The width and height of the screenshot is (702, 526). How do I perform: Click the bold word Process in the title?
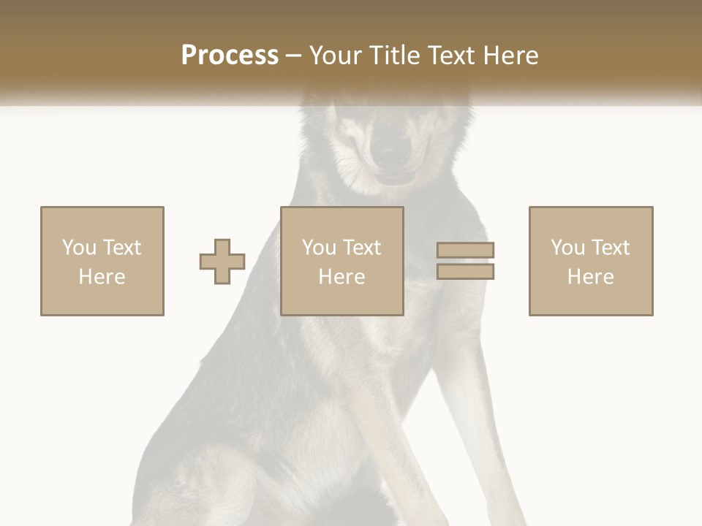pyautogui.click(x=230, y=56)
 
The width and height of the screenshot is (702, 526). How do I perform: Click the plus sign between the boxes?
pyautogui.click(x=222, y=262)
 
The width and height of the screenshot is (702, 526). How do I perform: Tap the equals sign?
pyautogui.click(x=465, y=262)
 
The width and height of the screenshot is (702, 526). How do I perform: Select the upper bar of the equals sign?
pyautogui.click(x=465, y=251)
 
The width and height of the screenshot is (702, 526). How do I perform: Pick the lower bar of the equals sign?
pyautogui.click(x=465, y=272)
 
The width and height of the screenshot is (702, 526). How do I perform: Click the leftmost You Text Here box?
pyautogui.click(x=102, y=262)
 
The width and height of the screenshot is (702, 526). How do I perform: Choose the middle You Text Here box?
pyautogui.click(x=341, y=262)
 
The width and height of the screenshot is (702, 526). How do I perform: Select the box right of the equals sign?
pyautogui.click(x=591, y=262)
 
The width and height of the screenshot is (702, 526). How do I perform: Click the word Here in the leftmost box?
pyautogui.click(x=102, y=277)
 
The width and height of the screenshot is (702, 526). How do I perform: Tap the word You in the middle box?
pyautogui.click(x=319, y=248)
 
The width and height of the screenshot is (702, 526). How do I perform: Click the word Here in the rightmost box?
pyautogui.click(x=591, y=277)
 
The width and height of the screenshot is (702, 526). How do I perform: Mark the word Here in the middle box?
pyautogui.click(x=341, y=277)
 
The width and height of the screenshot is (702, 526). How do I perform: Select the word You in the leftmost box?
pyautogui.click(x=79, y=248)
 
